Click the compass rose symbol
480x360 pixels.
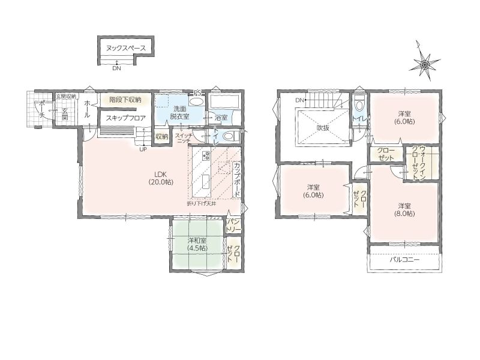pyautogui.click(x=425, y=64)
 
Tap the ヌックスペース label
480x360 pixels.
pyautogui.click(x=125, y=49)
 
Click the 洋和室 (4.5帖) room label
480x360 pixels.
pyautogui.click(x=197, y=244)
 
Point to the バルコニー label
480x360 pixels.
pyautogui.click(x=404, y=260)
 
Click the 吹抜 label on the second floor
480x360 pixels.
pyautogui.click(x=323, y=128)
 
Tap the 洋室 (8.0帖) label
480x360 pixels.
pyautogui.click(x=404, y=209)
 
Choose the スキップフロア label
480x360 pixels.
pyautogui.click(x=125, y=118)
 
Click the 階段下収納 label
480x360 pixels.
pyautogui.click(x=125, y=100)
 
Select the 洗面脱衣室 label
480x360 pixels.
pyautogui.click(x=179, y=112)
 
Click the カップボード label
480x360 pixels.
pyautogui.click(x=236, y=179)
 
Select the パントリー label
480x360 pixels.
pyautogui.click(x=233, y=226)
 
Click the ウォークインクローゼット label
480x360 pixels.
pyautogui.click(x=418, y=163)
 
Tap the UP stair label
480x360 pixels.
pyautogui.click(x=143, y=149)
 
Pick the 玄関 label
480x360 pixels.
pyautogui.click(x=65, y=114)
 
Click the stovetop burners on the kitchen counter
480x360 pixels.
pyautogui.click(x=205, y=155)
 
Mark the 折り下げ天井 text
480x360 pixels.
pyautogui.click(x=202, y=203)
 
